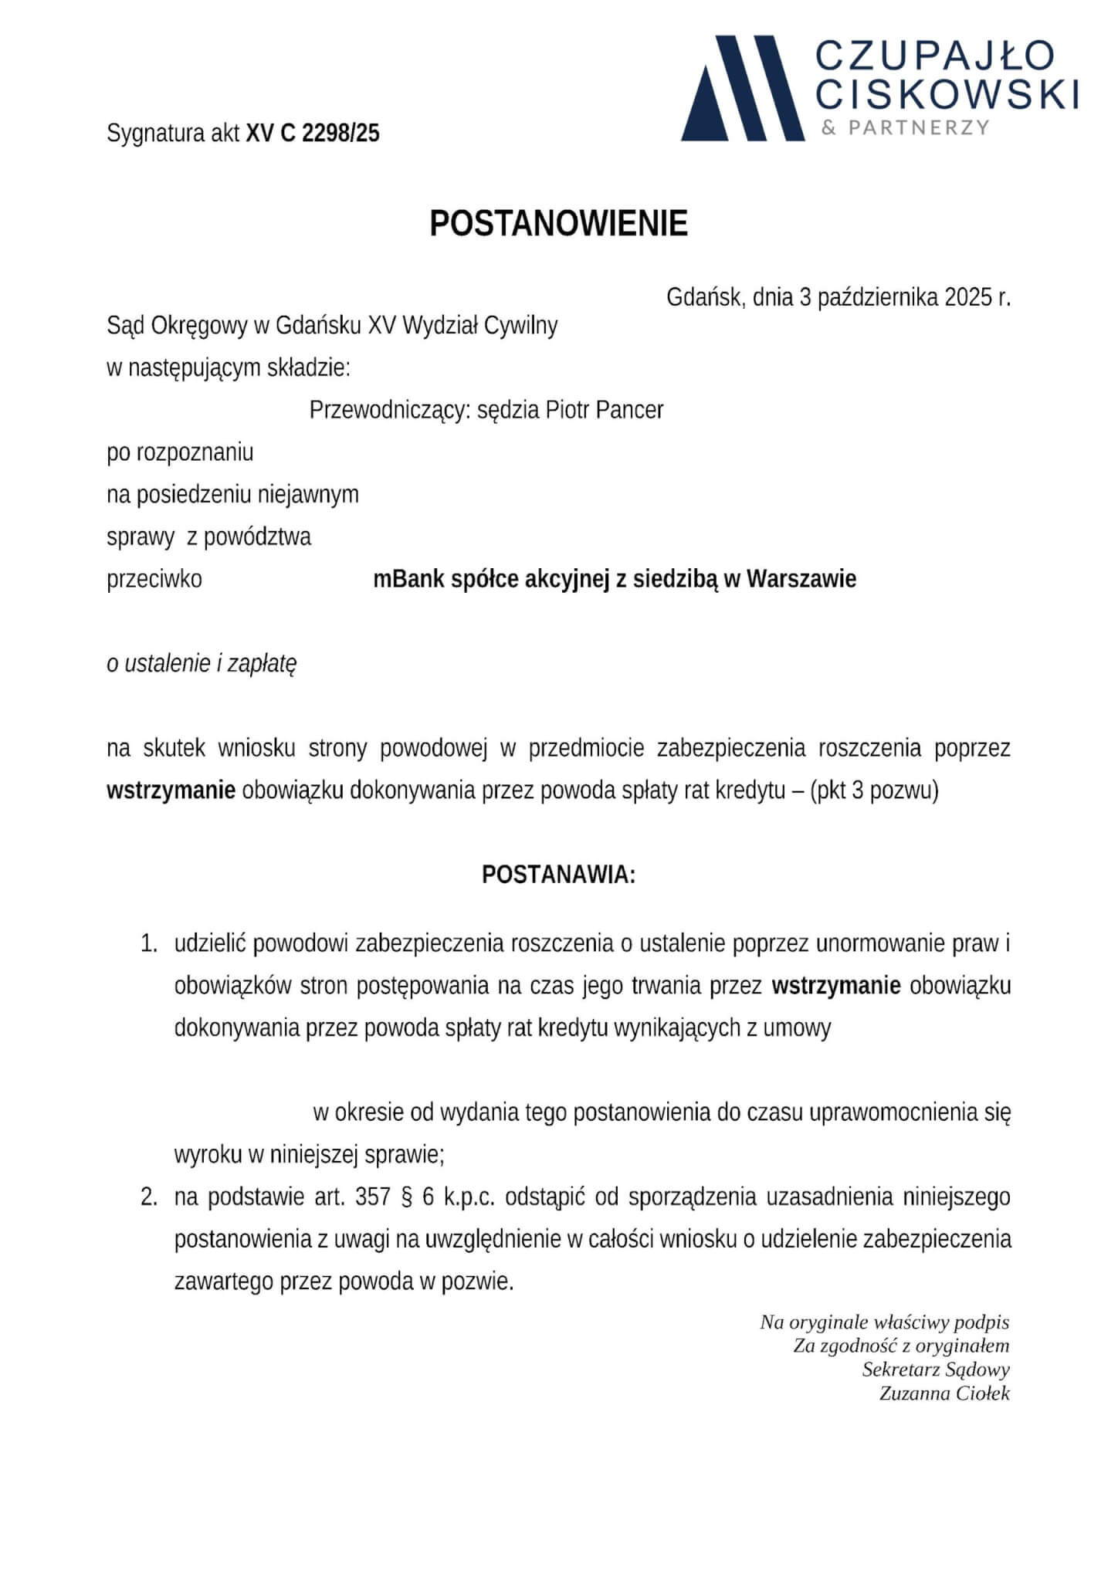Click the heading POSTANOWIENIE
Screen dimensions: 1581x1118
558,224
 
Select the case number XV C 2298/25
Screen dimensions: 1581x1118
313,134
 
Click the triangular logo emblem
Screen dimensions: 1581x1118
741,89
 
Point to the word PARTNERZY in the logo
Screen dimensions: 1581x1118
918,127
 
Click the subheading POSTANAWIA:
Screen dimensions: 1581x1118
558,875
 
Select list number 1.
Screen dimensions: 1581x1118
148,944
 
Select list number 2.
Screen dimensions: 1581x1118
148,1198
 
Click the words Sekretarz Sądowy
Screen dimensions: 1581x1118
935,1369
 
